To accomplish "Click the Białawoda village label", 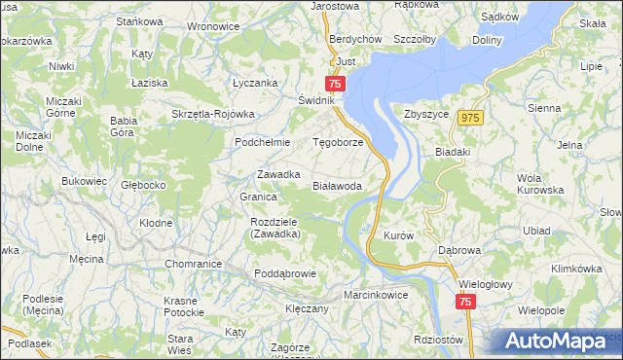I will coord(338,185).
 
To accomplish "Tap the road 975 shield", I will coord(472,117).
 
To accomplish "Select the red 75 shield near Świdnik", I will coord(336,85).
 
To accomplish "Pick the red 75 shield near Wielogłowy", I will coord(465,303).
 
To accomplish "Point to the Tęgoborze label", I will coord(337,142).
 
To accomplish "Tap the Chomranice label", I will coord(192,264).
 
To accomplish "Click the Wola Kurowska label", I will coord(543,183).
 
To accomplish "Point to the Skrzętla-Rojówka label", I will coord(212,113).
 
